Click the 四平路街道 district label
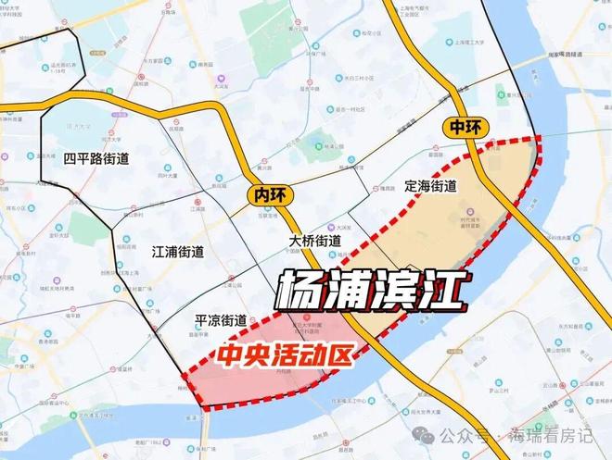(96, 158)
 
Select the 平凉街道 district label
(220, 320)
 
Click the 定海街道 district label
(431, 185)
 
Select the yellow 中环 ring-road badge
(463, 128)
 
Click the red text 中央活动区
(287, 355)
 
